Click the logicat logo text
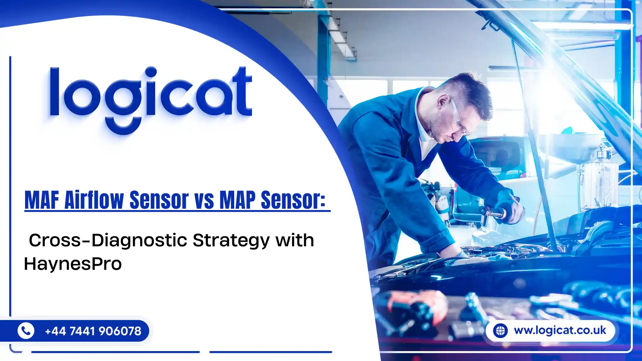click(x=150, y=94)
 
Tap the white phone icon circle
click(x=26, y=331)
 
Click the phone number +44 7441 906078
click(x=93, y=331)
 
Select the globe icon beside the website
click(x=500, y=331)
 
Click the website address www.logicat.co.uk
click(x=560, y=330)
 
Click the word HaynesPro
click(x=73, y=264)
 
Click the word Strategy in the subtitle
click(x=231, y=241)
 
